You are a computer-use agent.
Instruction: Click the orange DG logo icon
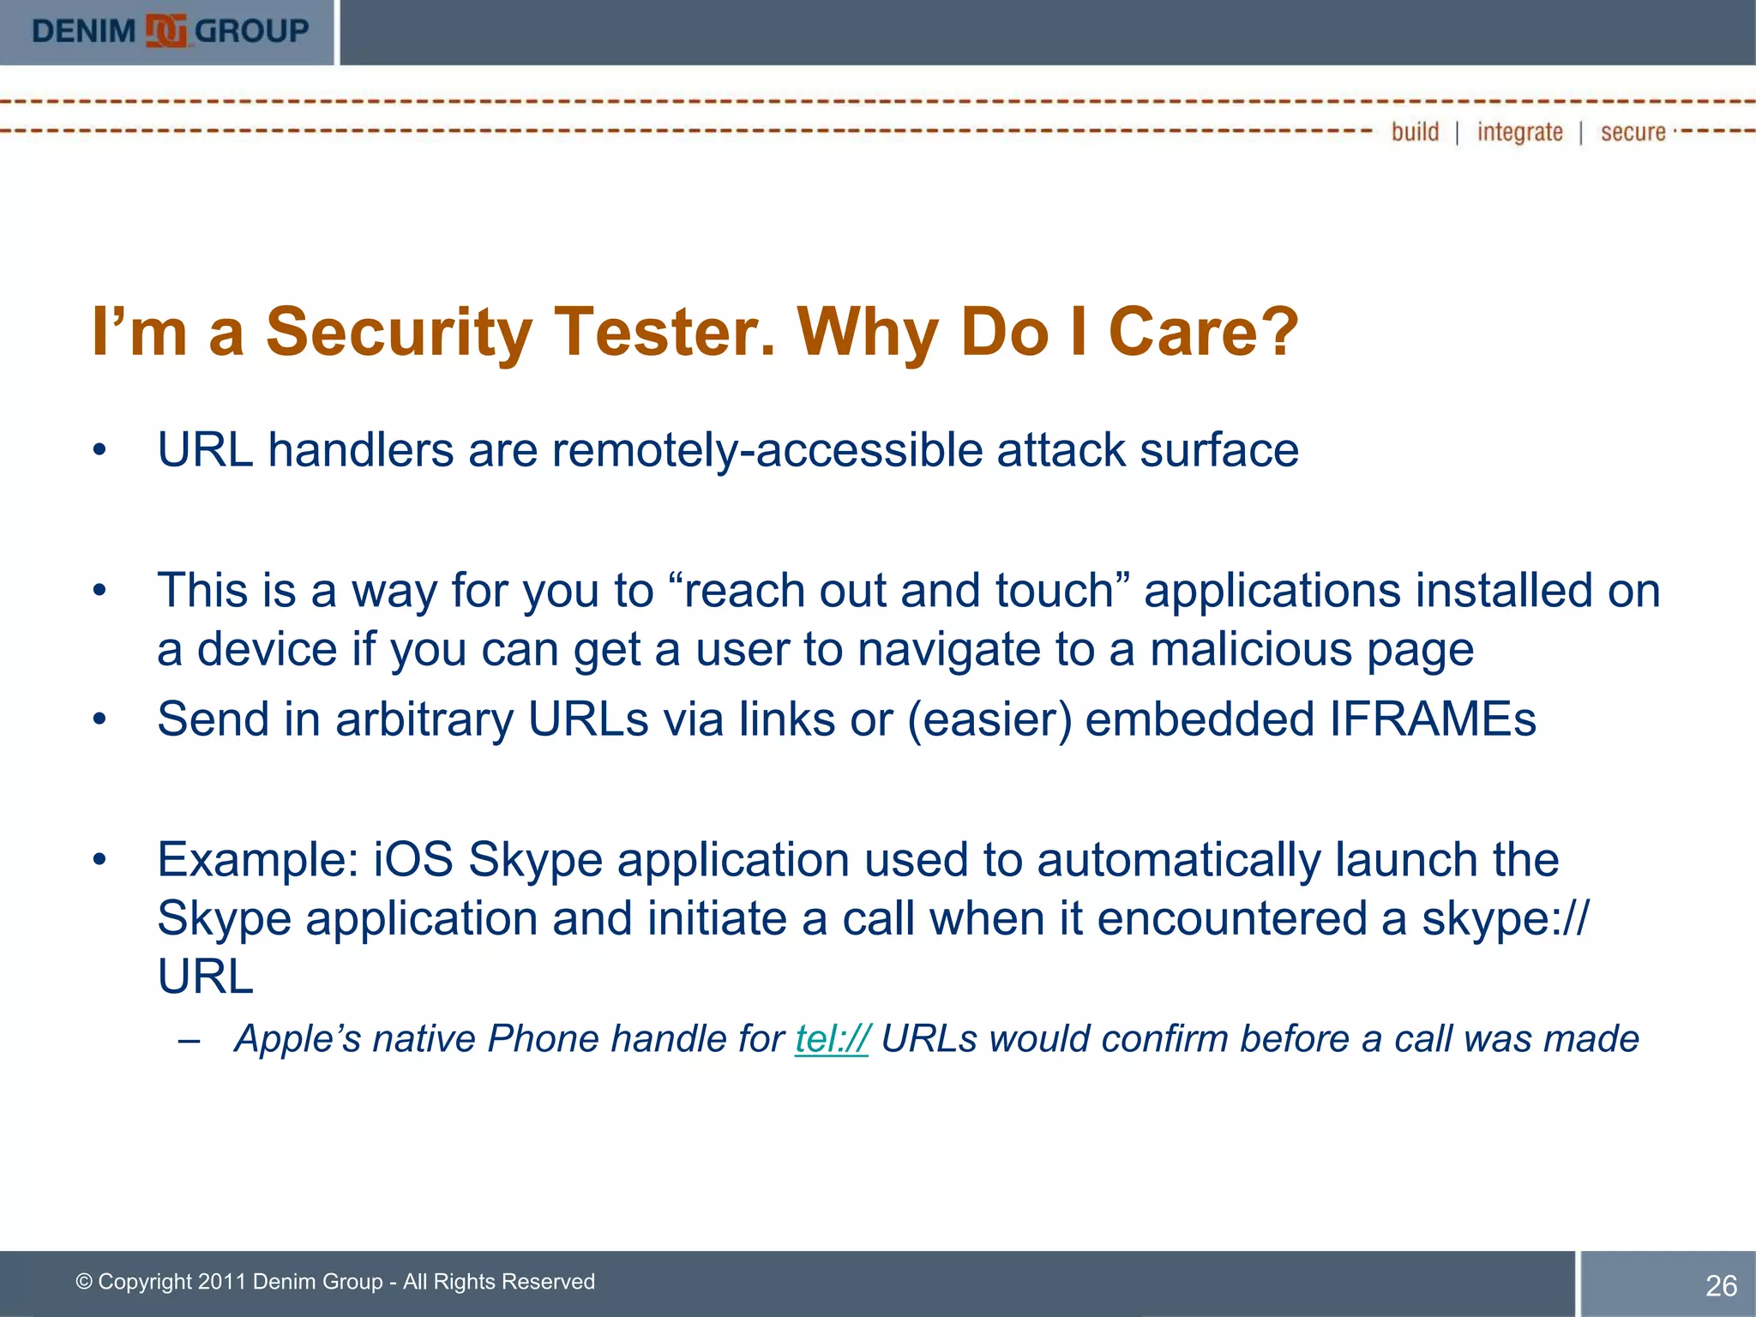click(x=165, y=32)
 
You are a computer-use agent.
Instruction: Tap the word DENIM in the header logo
click(x=83, y=32)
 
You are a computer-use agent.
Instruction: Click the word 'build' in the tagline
click(x=1415, y=132)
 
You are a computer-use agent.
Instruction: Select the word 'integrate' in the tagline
click(x=1519, y=132)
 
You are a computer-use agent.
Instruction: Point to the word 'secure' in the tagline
click(x=1633, y=132)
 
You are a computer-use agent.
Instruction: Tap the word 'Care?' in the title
click(x=1203, y=332)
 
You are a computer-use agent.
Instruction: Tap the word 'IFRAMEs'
click(x=1433, y=719)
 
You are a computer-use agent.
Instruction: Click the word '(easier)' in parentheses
click(x=989, y=719)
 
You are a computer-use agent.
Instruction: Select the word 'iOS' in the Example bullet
click(x=413, y=859)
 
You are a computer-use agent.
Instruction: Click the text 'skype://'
click(x=1505, y=918)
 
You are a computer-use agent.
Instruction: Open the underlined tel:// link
click(x=832, y=1038)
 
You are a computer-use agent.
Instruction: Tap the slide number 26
click(x=1721, y=1285)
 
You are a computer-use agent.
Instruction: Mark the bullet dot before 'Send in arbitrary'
click(x=100, y=719)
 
